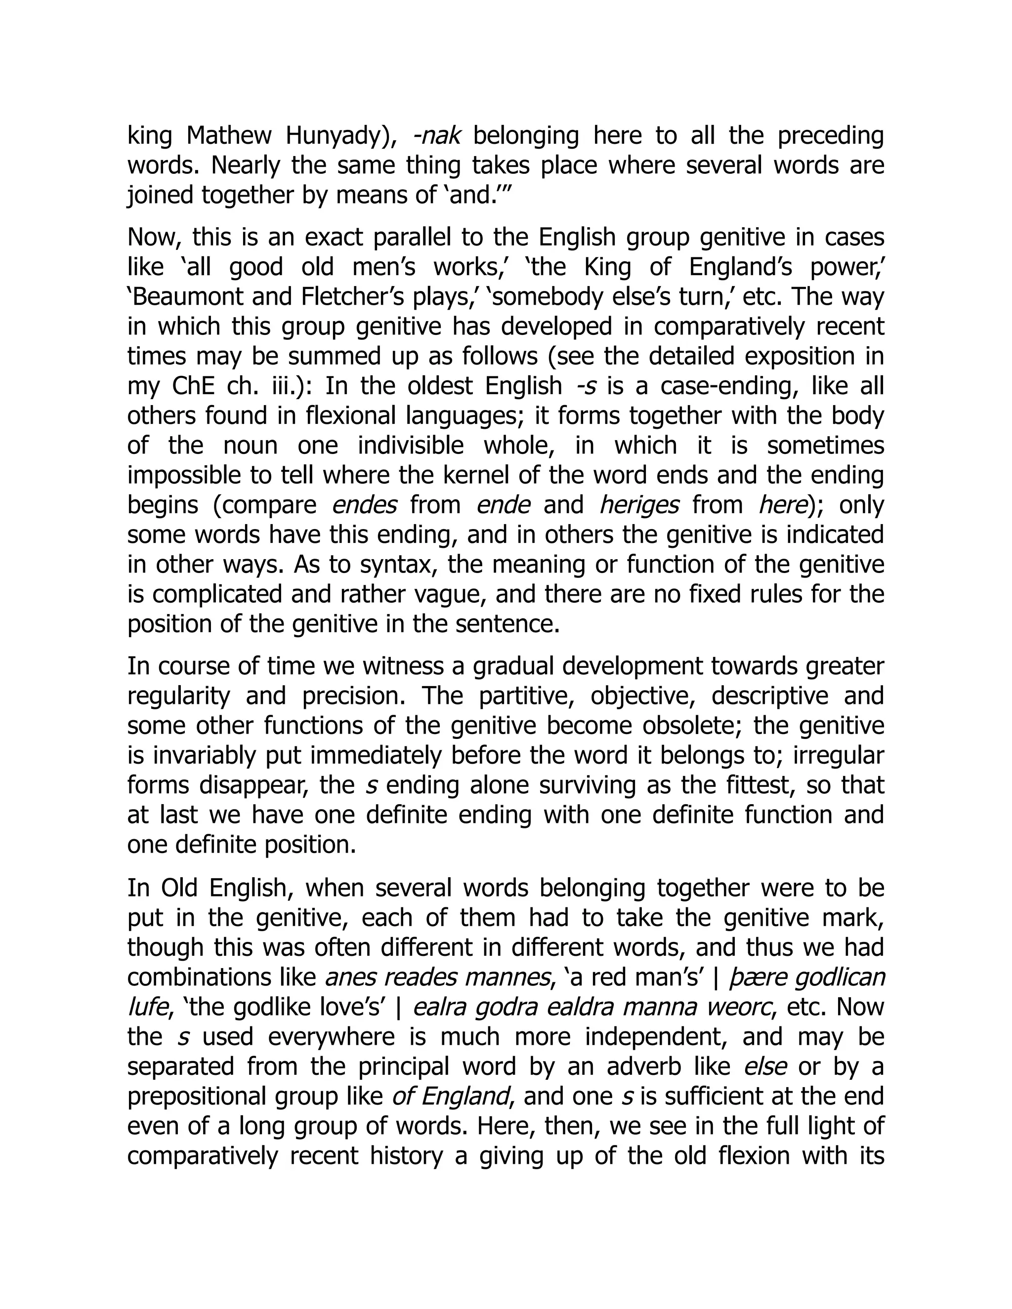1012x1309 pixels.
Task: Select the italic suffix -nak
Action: (x=436, y=136)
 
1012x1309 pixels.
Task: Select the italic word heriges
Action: (x=639, y=505)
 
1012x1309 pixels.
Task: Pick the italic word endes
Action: (x=364, y=505)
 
